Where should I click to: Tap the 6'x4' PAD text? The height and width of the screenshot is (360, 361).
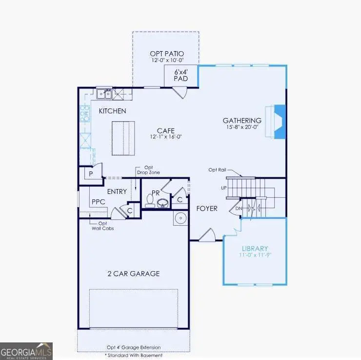(181, 75)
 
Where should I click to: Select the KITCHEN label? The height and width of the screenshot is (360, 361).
(113, 111)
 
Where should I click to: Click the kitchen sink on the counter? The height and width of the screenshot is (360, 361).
(104, 93)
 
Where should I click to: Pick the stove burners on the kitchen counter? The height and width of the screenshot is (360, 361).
(85, 113)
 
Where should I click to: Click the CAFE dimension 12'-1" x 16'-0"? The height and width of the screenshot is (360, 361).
(162, 138)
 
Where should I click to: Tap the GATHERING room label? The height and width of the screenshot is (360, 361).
(242, 121)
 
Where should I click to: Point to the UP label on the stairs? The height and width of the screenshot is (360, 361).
(224, 188)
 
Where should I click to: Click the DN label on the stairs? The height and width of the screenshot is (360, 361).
(239, 209)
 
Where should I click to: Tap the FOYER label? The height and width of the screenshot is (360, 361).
(207, 209)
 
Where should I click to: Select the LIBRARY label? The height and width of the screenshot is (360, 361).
(255, 249)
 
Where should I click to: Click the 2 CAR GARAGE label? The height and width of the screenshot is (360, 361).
(134, 274)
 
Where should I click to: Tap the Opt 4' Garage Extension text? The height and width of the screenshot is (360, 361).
(133, 347)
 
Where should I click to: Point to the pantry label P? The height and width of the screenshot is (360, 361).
(91, 174)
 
